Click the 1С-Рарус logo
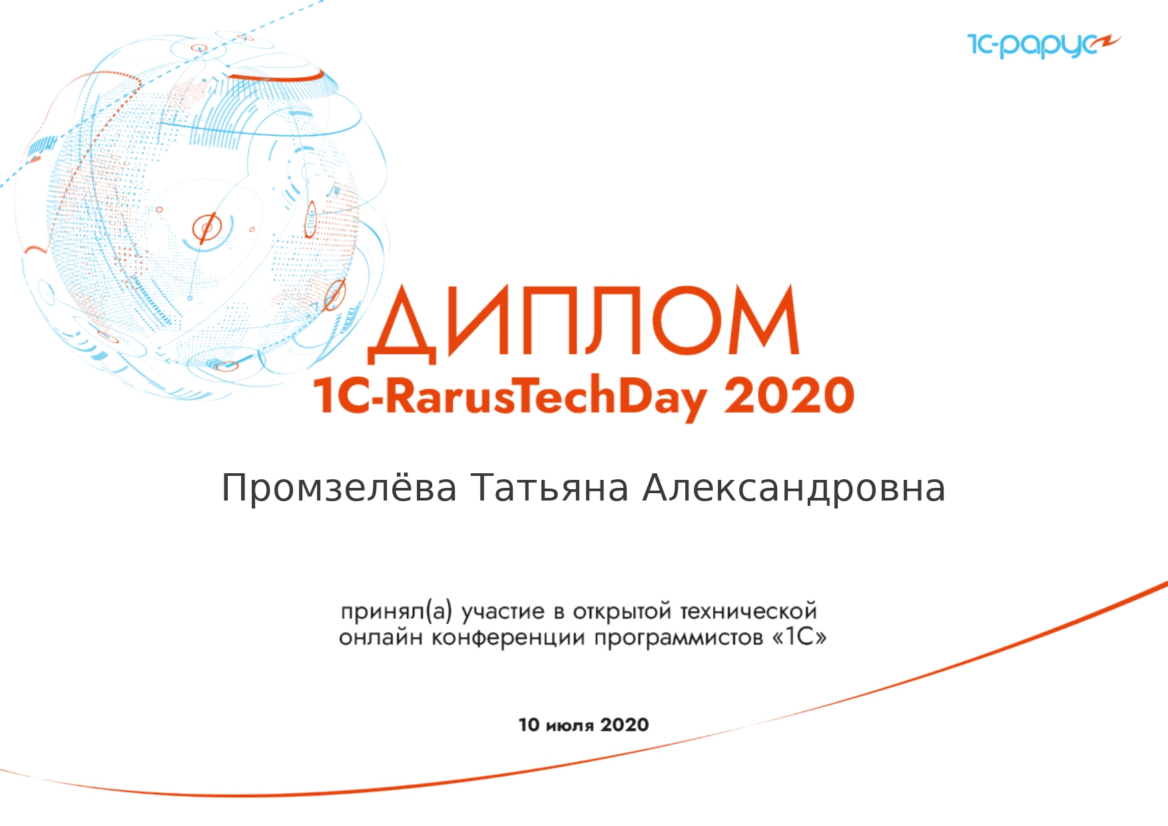tap(1043, 45)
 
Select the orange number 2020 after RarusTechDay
tap(789, 396)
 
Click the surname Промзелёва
tap(339, 488)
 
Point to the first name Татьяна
tap(550, 488)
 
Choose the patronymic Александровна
tap(794, 489)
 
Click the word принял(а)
tap(396, 611)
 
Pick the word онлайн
tap(380, 638)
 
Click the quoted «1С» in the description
tap(800, 637)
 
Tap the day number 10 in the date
tap(529, 724)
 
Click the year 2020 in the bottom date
tap(624, 724)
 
